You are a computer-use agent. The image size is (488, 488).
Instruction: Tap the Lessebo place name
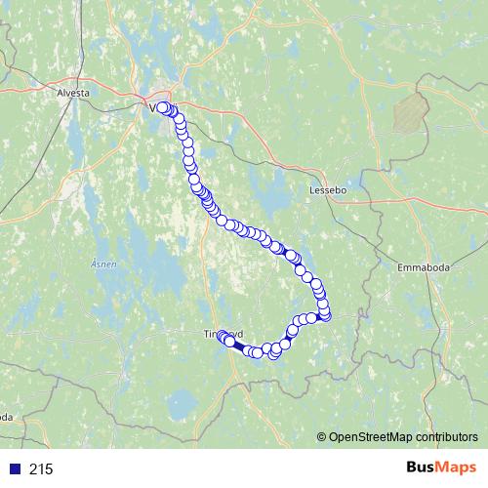tap(329, 190)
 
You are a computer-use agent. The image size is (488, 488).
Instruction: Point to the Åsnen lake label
tap(102, 264)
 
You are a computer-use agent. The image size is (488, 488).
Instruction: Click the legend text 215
tap(41, 469)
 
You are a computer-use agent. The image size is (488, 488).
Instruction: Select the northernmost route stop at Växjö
tap(162, 108)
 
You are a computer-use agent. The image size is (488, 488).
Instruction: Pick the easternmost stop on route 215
tap(326, 314)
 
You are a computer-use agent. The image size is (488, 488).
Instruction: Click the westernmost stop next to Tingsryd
tap(222, 335)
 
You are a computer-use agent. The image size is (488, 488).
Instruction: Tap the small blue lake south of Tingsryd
tap(180, 400)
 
